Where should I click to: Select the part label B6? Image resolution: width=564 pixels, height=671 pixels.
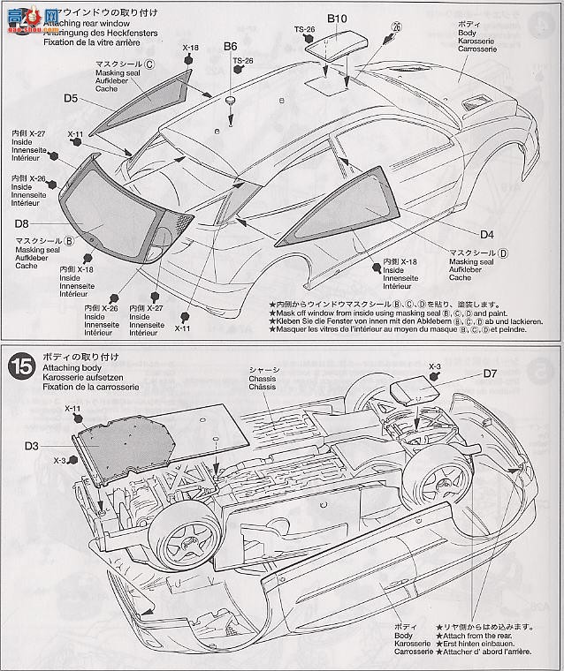pos(231,46)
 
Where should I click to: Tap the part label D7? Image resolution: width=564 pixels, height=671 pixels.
pos(490,374)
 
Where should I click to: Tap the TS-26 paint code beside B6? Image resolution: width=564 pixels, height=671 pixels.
pos(242,60)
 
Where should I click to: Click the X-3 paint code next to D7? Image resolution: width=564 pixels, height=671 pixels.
pos(434,365)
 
